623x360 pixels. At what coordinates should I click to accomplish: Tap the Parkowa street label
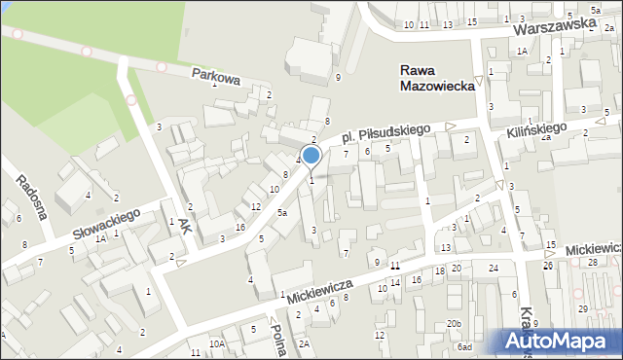pos(215,77)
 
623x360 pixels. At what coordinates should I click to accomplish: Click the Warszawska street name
pos(554,34)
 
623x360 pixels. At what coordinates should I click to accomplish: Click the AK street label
pos(185,226)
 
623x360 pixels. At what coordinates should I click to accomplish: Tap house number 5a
pos(282,212)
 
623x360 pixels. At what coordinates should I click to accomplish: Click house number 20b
pos(454,323)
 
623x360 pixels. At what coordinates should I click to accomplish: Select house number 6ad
pos(465,347)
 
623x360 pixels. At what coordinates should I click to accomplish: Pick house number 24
pos(494,268)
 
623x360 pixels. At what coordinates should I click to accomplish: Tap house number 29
pos(582,308)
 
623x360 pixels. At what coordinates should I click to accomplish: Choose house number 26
pos(547,266)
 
